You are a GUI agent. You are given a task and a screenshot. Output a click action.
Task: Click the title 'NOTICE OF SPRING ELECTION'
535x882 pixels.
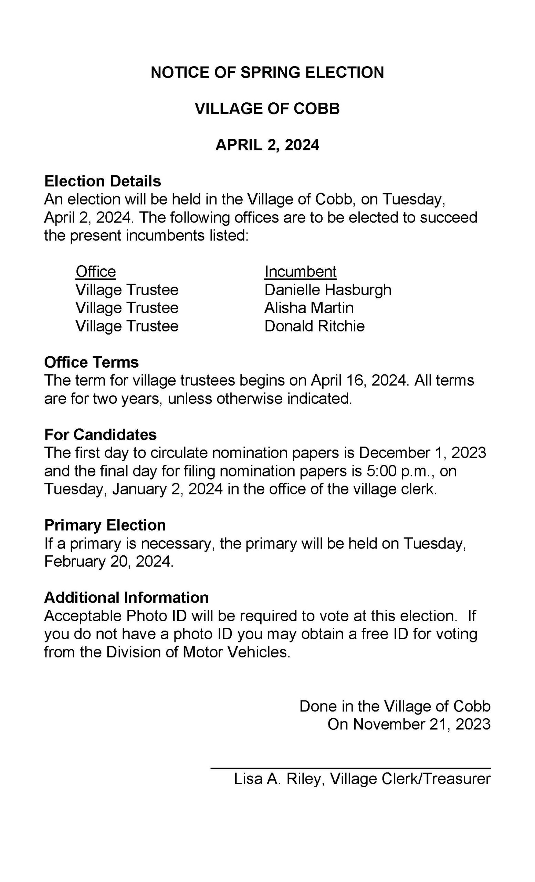pos(267,72)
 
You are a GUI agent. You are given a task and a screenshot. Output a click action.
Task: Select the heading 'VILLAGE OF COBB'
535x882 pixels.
pos(267,109)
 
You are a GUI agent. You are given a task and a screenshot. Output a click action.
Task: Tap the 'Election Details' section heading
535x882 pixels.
pos(103,181)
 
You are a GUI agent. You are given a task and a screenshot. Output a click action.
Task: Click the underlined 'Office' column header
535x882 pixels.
pos(95,272)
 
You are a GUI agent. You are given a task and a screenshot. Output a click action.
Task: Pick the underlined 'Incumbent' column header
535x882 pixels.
pos(300,272)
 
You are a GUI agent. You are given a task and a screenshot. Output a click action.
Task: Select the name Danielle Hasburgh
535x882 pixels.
pos(328,290)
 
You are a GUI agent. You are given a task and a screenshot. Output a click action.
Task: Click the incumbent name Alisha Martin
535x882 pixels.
pos(308,308)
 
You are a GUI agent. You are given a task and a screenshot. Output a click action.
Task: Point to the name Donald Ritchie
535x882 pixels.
pos(314,326)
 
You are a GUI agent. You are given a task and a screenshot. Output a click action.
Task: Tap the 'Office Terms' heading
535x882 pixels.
pos(92,362)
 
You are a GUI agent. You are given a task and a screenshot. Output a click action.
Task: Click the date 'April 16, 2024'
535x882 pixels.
pos(359,380)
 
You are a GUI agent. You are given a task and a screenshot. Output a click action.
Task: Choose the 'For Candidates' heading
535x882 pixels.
pos(101,434)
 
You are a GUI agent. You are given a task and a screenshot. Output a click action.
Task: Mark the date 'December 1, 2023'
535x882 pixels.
pos(422,453)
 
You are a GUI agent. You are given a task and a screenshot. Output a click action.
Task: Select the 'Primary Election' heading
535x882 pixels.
pos(105,525)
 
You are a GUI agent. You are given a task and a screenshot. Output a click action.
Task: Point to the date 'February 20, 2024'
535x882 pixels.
pos(108,561)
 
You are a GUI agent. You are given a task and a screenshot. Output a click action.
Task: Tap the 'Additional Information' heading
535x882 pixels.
pos(126,597)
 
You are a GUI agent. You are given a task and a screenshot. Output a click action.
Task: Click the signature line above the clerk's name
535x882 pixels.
pos(350,768)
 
